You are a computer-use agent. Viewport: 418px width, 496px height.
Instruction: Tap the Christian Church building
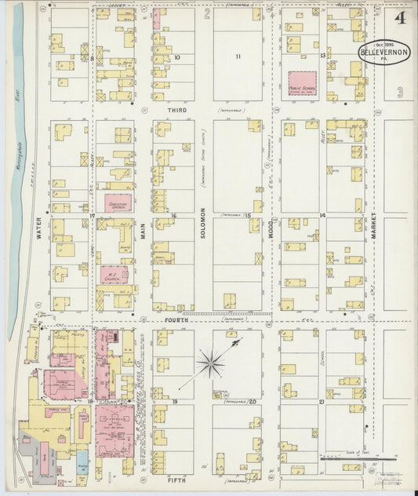point(118,202)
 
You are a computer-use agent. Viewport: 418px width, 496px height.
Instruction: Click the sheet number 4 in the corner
point(401,16)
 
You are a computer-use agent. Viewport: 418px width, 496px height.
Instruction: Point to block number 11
point(237,57)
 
